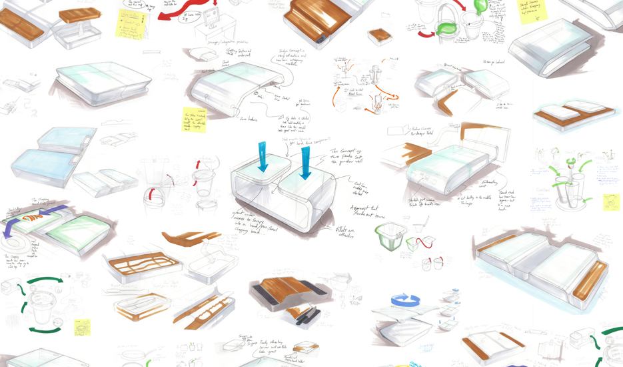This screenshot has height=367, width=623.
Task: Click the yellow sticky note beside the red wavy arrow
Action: [x=132, y=23]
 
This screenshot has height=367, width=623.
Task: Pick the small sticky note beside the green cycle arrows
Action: [x=82, y=327]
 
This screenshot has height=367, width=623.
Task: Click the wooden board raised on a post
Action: [x=80, y=14]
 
